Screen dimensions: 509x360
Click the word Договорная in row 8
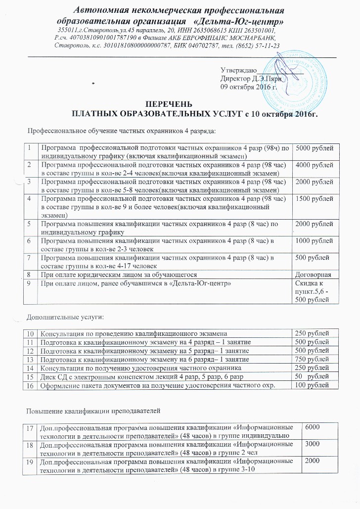click(315, 275)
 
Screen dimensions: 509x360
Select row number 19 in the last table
click(30, 461)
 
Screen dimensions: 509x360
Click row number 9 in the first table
click(30, 283)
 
